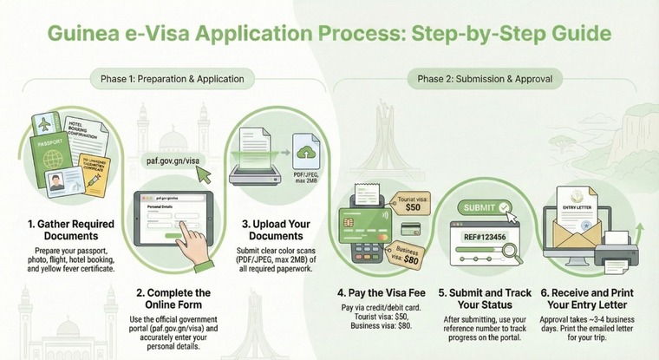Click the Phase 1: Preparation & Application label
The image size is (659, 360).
click(x=166, y=79)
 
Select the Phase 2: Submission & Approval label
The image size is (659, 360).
click(x=485, y=79)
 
